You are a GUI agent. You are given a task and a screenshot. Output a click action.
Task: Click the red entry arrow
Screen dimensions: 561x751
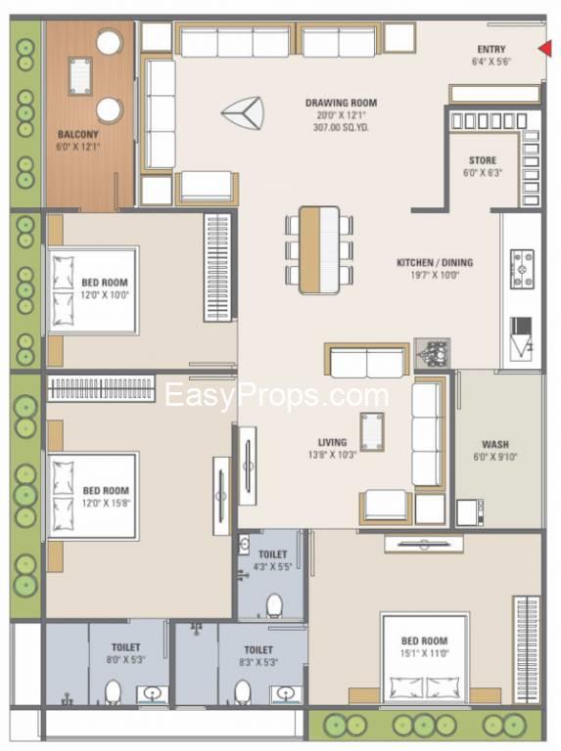tap(545, 48)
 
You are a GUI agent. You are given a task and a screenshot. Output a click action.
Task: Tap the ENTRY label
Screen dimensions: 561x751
tap(491, 49)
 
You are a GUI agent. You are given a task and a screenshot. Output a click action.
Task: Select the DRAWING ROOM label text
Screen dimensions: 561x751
tap(341, 103)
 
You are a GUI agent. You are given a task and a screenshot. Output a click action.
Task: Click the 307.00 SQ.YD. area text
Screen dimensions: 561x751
tap(341, 128)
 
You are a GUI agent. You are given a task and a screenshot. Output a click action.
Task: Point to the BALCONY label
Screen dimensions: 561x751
tap(77, 135)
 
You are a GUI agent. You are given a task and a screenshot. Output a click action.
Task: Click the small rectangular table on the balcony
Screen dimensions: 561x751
tap(80, 76)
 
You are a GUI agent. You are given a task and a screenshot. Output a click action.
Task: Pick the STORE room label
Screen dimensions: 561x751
tap(483, 160)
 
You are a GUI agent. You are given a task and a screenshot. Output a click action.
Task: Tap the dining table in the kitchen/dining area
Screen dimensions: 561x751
tap(319, 249)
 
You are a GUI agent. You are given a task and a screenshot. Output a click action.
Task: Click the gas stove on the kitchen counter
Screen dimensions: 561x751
tap(522, 269)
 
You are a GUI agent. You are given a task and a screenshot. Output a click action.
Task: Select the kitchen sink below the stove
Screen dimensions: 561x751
tap(521, 338)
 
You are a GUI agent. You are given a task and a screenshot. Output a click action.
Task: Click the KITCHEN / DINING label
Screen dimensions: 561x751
tap(435, 262)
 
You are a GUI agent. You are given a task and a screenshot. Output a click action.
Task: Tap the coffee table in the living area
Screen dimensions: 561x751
tap(372, 431)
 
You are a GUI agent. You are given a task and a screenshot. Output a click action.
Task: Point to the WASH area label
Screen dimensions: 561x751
tap(495, 445)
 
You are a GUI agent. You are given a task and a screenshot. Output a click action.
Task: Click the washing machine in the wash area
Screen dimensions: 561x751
tap(469, 512)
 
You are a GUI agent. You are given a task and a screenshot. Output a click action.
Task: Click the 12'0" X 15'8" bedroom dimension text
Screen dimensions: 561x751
tap(106, 503)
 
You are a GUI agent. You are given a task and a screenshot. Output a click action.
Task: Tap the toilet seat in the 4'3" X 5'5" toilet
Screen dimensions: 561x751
tap(274, 605)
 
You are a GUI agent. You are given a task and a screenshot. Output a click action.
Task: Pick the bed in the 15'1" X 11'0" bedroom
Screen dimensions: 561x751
tap(424, 658)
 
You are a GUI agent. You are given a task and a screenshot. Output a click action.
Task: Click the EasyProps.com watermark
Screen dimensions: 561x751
tap(277, 395)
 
